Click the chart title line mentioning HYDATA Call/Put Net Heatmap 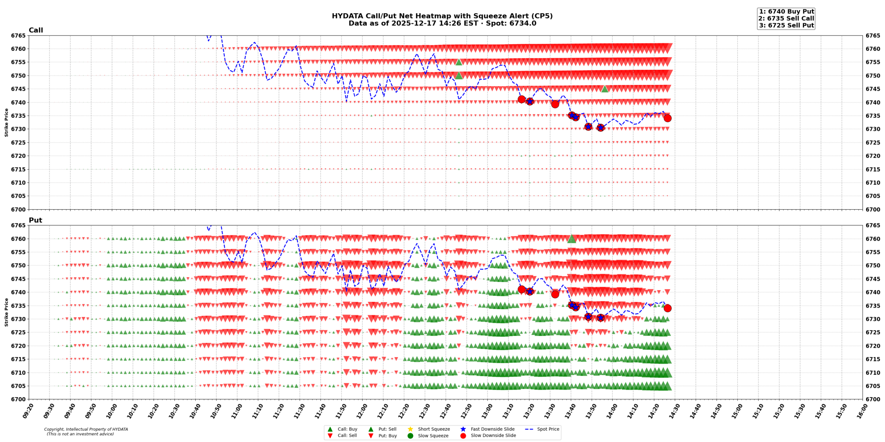tap(442, 16)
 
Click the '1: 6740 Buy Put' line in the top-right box tap(786, 12)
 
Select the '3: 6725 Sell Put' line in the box tap(786, 26)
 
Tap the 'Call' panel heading tap(36, 30)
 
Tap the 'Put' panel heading tap(35, 220)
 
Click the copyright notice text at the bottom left tap(86, 432)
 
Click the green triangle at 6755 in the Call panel tap(459, 62)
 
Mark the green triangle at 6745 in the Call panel tap(605, 89)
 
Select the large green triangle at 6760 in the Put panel tap(571, 239)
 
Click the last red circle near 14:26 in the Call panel tap(668, 118)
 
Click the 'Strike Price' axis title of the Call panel tap(6, 123)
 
